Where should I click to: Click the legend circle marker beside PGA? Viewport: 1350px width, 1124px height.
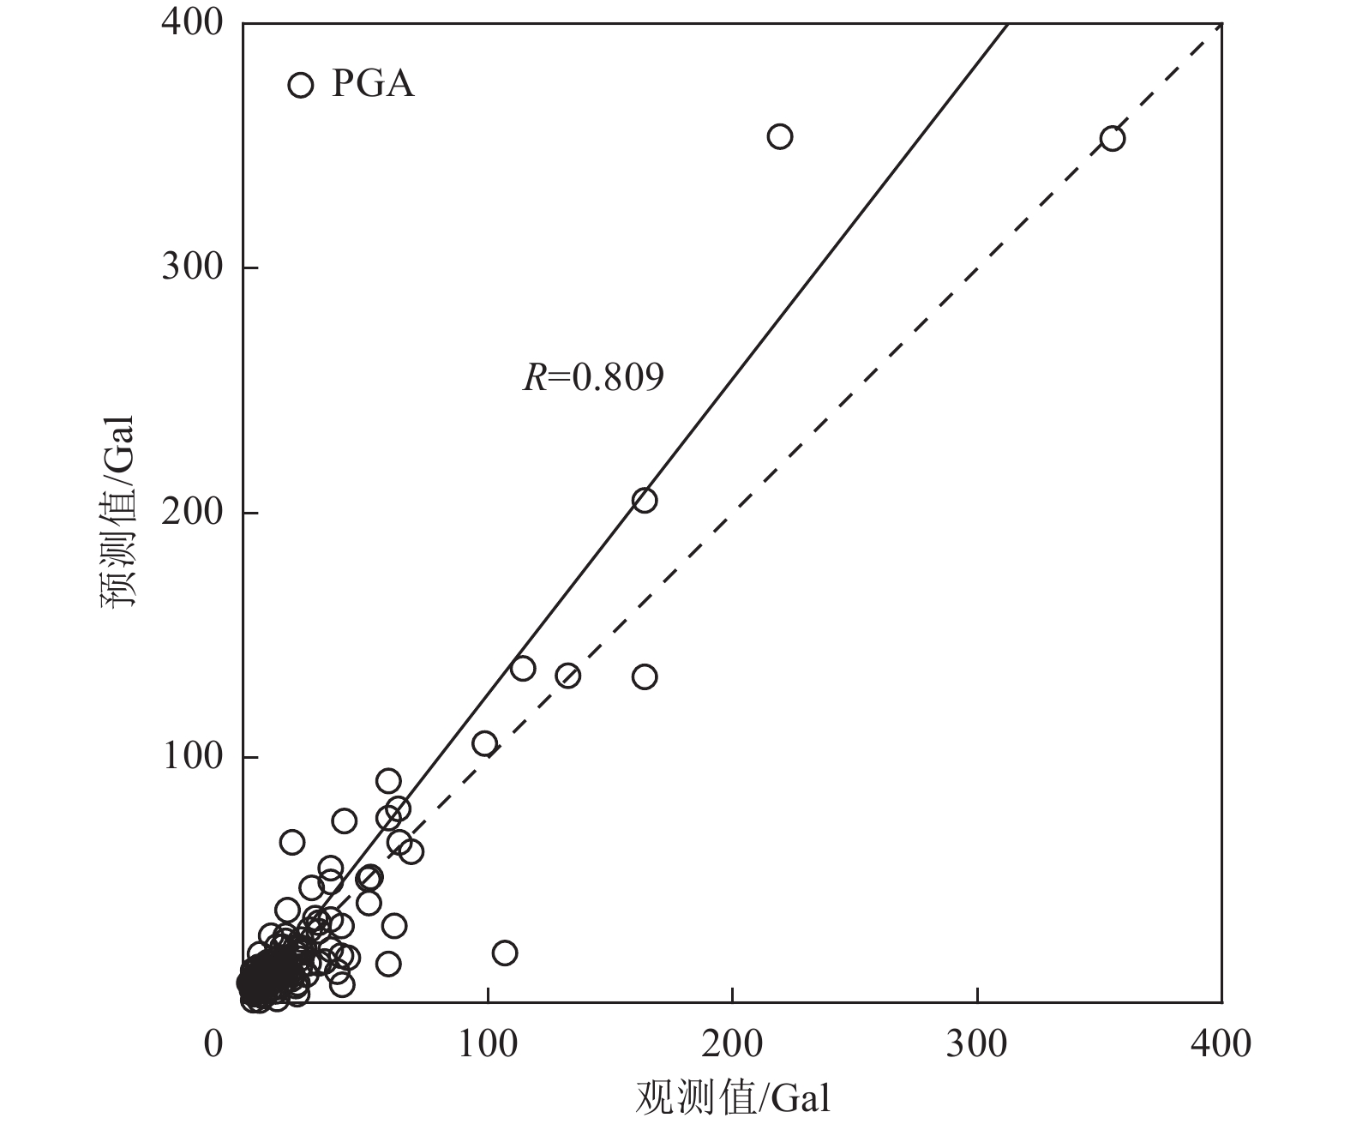pos(300,85)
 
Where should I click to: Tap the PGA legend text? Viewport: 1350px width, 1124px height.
pos(373,85)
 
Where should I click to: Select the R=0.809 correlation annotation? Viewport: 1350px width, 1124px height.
pos(593,377)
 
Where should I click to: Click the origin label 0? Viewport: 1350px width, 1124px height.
pos(214,1045)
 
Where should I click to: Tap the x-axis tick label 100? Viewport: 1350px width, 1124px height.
pos(488,1045)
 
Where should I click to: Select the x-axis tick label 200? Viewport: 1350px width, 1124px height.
pos(733,1045)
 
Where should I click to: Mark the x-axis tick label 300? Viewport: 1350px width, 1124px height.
pos(977,1045)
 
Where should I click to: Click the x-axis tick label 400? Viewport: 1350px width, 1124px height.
pos(1221,1045)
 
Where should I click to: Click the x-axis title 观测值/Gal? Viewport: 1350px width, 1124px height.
pos(733,1098)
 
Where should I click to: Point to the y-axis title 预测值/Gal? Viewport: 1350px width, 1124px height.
pos(119,513)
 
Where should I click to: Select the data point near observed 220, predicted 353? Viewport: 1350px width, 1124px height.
pos(780,136)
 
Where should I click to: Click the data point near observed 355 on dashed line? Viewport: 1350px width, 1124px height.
pos(1113,138)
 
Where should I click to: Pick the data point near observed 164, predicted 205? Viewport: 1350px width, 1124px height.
pos(645,500)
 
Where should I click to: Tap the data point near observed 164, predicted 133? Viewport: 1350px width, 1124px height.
pos(645,676)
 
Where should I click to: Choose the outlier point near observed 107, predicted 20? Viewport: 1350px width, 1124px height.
pos(505,953)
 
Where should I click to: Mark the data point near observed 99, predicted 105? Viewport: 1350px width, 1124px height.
pos(485,743)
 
